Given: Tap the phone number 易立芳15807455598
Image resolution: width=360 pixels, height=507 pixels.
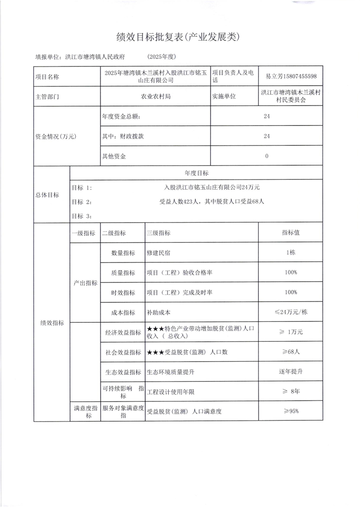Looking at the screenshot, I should (x=291, y=76).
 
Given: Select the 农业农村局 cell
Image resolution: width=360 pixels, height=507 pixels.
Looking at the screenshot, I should (x=156, y=96).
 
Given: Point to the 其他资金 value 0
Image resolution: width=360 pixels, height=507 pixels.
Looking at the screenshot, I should (x=267, y=156).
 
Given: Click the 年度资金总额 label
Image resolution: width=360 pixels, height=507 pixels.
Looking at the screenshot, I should (x=122, y=116).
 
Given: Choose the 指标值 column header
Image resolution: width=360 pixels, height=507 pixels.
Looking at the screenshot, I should (x=291, y=233).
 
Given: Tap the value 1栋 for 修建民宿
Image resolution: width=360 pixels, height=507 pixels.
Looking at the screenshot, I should (x=291, y=253).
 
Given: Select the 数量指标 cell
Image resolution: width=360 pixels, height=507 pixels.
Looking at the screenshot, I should (x=123, y=253).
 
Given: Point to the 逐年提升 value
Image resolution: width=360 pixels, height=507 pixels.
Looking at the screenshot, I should (x=291, y=372).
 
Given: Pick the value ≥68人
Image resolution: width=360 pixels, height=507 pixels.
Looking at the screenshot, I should (x=291, y=352).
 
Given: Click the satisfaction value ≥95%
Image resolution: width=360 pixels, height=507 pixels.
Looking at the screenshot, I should (x=291, y=411).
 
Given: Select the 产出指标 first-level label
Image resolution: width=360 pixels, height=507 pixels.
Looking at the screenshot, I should (x=85, y=283).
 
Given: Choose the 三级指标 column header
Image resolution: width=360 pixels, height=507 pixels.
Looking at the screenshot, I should (x=159, y=233).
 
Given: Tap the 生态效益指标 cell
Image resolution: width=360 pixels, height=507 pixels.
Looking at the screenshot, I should (x=123, y=372).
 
